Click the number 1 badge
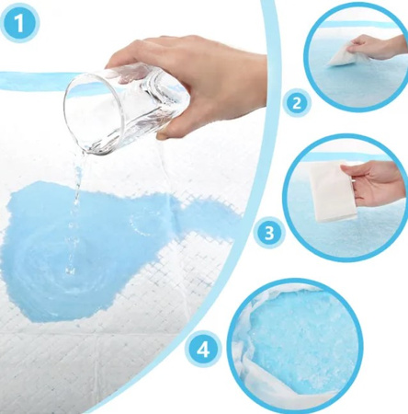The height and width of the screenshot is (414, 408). coord(19,24)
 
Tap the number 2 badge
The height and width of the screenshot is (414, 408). coord(297,103)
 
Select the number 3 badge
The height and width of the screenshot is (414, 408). coord(268,234)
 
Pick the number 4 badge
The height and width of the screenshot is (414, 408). coord(202,350)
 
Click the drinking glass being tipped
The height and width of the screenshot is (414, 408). coord(126,108)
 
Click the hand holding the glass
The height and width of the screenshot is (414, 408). coord(196,83)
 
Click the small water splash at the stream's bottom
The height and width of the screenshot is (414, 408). coord(71,270)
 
